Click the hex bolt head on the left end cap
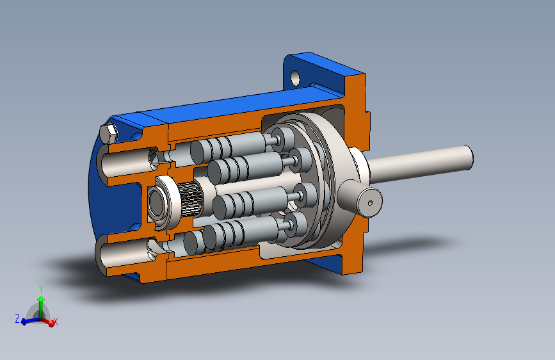[x=108, y=133]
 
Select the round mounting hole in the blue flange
[x=295, y=78]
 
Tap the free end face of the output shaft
[x=469, y=158]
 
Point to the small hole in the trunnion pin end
[x=370, y=203]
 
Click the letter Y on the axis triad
[x=41, y=289]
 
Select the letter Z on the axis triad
[x=17, y=318]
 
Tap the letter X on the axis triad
[x=56, y=322]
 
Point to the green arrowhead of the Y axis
[x=41, y=300]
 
